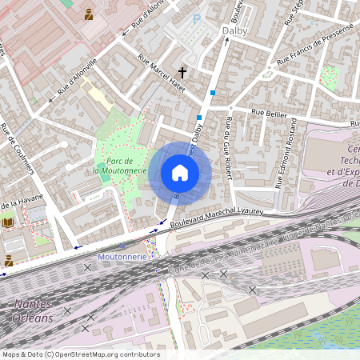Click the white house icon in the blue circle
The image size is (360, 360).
(x=180, y=173)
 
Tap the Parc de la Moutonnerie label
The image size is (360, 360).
(x=119, y=165)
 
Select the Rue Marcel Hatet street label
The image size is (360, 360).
(x=162, y=73)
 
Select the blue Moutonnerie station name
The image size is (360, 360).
(x=122, y=257)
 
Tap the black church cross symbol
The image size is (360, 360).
(x=183, y=71)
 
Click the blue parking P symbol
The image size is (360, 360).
(x=197, y=18)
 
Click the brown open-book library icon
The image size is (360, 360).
(x=9, y=222)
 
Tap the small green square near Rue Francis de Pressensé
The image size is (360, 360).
(x=329, y=78)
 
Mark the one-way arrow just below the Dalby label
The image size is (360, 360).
(x=226, y=43)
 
